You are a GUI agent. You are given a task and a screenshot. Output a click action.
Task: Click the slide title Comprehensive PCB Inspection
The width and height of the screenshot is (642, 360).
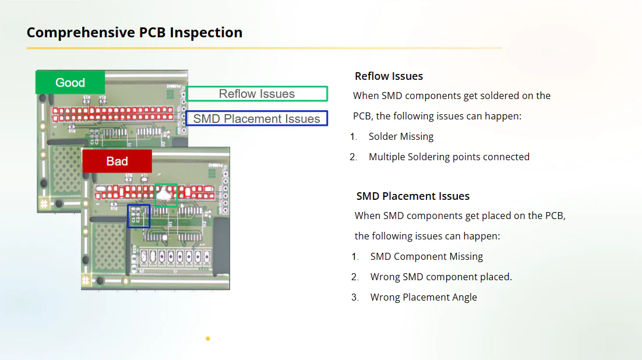(135, 33)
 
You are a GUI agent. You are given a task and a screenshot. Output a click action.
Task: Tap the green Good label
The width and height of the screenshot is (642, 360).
(70, 83)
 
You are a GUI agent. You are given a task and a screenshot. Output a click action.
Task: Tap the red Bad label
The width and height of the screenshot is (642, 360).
(117, 161)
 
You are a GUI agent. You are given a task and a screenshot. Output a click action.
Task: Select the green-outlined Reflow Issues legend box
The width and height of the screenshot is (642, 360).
(257, 94)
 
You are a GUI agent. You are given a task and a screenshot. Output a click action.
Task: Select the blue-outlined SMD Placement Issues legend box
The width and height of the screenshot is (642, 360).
(257, 119)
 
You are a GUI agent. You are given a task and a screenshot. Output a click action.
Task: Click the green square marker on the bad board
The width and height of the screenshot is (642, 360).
(166, 195)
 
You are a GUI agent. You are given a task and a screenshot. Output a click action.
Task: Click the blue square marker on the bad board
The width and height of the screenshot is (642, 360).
(139, 216)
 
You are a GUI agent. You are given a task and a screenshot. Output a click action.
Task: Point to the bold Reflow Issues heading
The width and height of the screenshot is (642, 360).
(389, 76)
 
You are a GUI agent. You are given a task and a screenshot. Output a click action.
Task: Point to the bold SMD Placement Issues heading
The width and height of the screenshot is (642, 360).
(412, 196)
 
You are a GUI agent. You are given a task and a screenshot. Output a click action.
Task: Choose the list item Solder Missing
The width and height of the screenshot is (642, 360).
(401, 136)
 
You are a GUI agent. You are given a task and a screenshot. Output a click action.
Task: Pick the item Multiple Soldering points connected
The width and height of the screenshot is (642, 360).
(449, 157)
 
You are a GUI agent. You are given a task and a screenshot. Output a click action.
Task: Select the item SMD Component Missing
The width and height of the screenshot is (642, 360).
(426, 256)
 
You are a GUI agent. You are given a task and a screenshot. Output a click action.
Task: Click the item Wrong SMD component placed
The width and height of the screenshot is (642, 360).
(441, 277)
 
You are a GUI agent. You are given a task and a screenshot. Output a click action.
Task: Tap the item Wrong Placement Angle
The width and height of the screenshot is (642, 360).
(424, 297)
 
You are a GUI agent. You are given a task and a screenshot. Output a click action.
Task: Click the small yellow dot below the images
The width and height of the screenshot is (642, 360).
(208, 338)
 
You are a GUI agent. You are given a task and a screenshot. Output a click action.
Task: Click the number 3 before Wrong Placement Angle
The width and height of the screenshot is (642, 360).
(354, 297)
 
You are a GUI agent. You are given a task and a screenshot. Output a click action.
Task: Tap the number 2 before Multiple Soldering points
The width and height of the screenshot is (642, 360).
(353, 157)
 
